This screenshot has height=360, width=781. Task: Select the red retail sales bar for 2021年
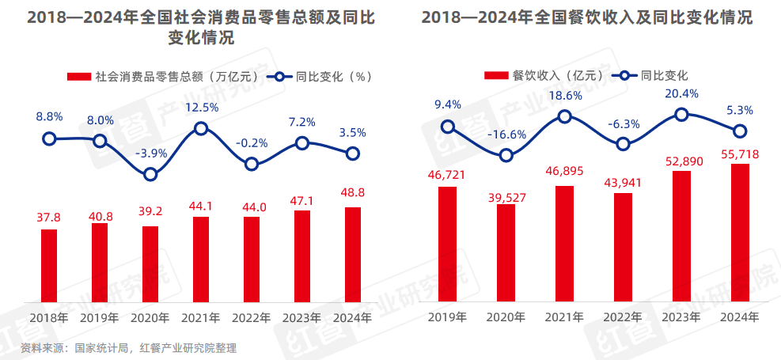point(201,259)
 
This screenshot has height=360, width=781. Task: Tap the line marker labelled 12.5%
point(201,128)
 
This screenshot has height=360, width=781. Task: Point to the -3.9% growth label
point(150,153)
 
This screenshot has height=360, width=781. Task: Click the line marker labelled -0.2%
point(252,164)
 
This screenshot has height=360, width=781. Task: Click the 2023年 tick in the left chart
point(302,317)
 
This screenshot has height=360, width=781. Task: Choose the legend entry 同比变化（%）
point(320,77)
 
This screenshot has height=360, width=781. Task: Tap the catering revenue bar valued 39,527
point(506,253)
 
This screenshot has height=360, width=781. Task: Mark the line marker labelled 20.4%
point(681,115)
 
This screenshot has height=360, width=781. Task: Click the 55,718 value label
point(739,155)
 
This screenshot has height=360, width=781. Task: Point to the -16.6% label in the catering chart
point(506,135)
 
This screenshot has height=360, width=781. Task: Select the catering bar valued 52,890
point(681,236)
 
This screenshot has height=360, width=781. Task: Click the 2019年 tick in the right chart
point(448,317)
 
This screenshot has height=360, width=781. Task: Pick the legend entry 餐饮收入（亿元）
point(547,76)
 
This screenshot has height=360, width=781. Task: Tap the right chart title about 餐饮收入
point(586,18)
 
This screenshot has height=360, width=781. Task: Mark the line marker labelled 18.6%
point(565,116)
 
